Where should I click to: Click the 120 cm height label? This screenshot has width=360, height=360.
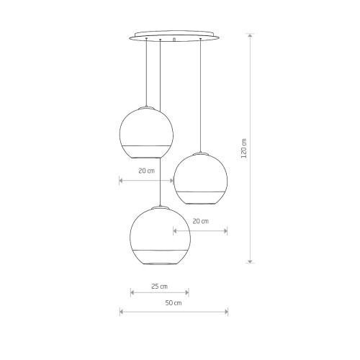[244, 148]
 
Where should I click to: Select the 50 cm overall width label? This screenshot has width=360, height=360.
[174, 303]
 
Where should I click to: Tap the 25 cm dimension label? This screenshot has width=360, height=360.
[160, 287]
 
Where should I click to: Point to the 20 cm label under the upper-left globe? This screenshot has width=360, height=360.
[147, 171]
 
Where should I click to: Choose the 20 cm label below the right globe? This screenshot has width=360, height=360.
[201, 221]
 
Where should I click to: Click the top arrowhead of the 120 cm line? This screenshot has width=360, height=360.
[251, 35]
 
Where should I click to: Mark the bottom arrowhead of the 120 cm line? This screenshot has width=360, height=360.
[251, 261]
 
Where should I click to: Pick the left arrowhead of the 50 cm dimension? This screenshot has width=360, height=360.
[122, 312]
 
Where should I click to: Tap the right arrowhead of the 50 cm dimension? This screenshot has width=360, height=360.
[226, 312]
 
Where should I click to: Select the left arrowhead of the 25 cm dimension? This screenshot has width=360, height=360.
[132, 292]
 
